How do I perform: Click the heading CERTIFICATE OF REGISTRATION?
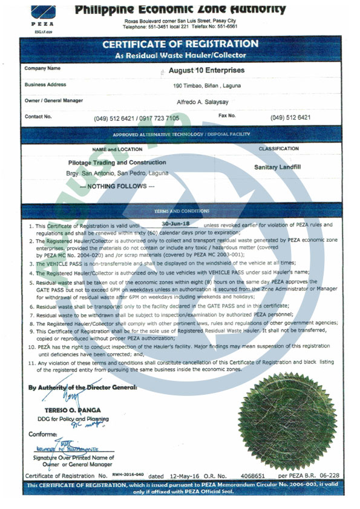point(180,44)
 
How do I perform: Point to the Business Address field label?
point(45,85)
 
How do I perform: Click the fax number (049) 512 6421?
point(290,117)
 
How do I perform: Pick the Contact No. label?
point(38,116)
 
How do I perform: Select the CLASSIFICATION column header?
point(278,149)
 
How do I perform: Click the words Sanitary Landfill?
point(278,166)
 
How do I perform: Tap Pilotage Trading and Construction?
point(117,163)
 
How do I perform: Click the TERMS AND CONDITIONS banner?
point(180,212)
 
